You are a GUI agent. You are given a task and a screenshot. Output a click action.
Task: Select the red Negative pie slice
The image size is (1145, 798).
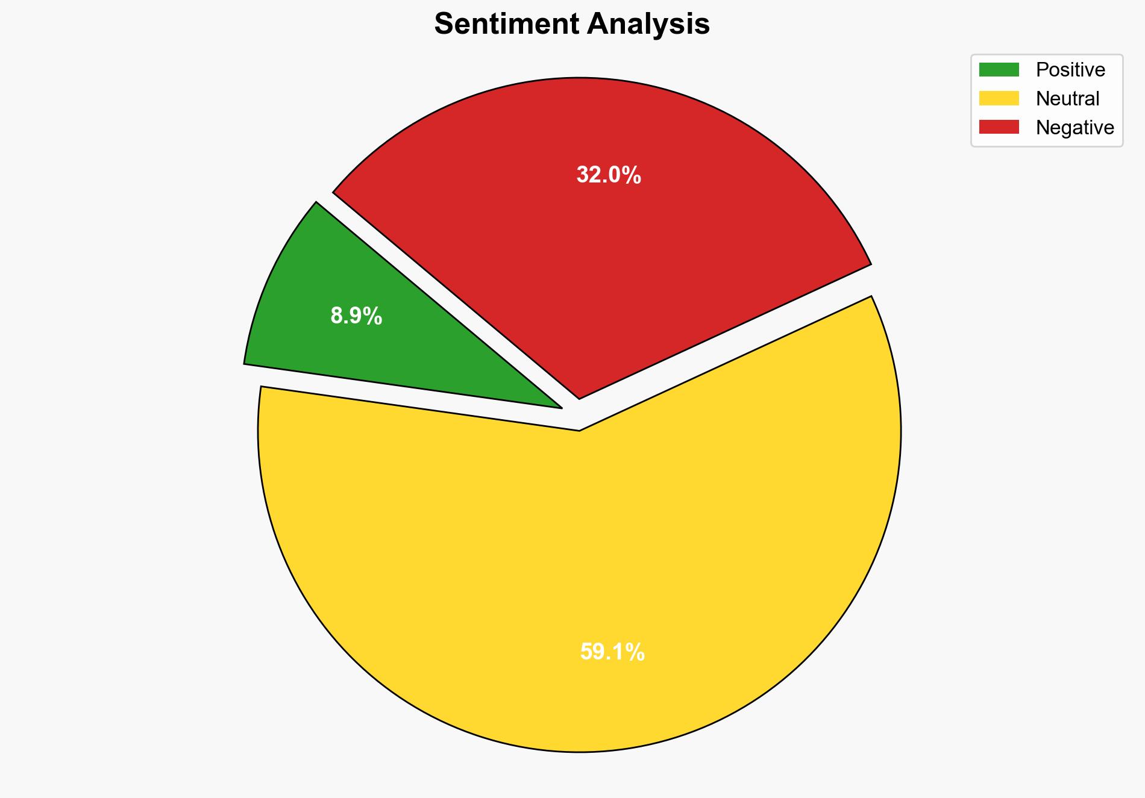[x=603, y=241]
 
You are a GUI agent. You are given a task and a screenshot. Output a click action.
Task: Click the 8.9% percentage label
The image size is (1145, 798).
[x=356, y=316]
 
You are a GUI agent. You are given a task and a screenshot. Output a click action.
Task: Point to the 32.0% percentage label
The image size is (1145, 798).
[x=609, y=175]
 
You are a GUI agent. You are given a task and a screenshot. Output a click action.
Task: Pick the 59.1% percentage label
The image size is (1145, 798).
[x=612, y=652]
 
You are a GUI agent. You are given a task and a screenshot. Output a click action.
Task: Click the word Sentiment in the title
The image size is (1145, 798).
[x=506, y=24]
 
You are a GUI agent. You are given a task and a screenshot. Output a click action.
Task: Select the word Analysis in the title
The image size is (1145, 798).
[x=648, y=24]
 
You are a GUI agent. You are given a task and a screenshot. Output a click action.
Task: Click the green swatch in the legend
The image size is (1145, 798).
[x=999, y=70]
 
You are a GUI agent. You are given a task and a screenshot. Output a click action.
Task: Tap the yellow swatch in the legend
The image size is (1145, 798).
[x=999, y=98]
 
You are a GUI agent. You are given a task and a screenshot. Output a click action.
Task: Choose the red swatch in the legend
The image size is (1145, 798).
[x=999, y=127]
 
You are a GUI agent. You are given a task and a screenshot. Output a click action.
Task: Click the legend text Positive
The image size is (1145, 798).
[x=1070, y=70]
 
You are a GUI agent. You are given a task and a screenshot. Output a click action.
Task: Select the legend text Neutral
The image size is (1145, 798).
[x=1067, y=98]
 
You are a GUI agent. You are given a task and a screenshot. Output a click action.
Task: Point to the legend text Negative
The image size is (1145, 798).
[x=1074, y=127]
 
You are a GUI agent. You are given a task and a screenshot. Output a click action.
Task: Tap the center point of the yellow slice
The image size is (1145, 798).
[x=579, y=431]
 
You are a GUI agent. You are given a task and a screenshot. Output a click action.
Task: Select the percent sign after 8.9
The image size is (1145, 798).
[x=374, y=316]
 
